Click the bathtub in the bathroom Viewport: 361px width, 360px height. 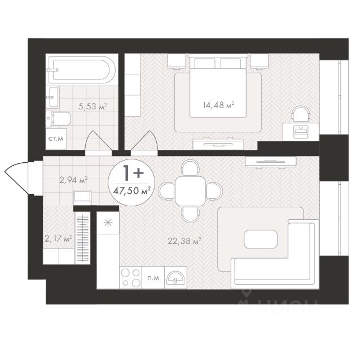click(x=82, y=70)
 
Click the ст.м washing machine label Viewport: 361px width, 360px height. click(x=56, y=139)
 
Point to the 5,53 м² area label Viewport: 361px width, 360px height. click(x=93, y=106)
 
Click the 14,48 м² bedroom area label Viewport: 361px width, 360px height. click(x=218, y=105)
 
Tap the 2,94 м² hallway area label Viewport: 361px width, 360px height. click(x=73, y=180)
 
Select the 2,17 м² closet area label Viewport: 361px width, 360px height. click(x=59, y=239)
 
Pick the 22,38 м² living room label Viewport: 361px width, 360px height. click(x=184, y=241)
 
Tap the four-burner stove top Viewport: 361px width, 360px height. click(x=131, y=278)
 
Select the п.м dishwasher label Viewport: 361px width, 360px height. click(x=153, y=278)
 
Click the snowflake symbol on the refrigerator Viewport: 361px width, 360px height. click(x=108, y=223)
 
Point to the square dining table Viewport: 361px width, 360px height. click(x=191, y=191)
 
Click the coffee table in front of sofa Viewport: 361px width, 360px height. click(x=261, y=239)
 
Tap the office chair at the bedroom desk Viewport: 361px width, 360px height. click(x=301, y=114)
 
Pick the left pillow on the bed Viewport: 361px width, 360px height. click(x=205, y=63)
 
